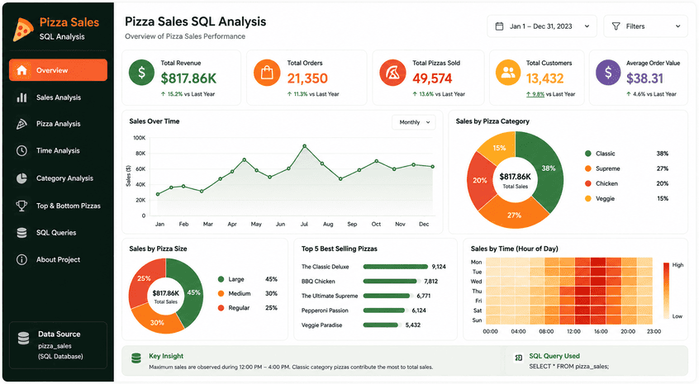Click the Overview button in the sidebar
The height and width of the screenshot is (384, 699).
(x=58, y=70)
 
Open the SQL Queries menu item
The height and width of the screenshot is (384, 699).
(x=56, y=233)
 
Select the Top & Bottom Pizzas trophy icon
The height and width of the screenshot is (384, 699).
(x=21, y=206)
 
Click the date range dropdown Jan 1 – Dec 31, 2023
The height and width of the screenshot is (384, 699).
(x=543, y=26)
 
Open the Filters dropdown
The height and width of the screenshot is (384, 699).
(x=645, y=26)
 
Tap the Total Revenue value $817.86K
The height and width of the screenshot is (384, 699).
(x=188, y=78)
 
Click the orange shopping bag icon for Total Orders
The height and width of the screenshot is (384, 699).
(x=267, y=73)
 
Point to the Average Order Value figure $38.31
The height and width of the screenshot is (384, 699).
(x=644, y=78)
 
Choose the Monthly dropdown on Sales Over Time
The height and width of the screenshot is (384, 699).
(x=414, y=122)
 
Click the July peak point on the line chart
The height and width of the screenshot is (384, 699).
(x=305, y=146)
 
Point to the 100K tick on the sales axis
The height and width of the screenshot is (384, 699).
(x=140, y=138)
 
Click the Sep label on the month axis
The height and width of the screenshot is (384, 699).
(x=352, y=224)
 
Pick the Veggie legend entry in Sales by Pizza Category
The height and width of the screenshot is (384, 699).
(x=600, y=199)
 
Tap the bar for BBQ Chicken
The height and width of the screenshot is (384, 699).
(x=390, y=281)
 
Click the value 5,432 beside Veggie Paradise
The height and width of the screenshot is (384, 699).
(x=413, y=325)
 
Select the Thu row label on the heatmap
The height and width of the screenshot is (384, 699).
(x=477, y=291)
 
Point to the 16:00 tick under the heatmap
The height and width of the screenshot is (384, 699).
(x=601, y=331)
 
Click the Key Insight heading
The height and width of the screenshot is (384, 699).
(x=166, y=356)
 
